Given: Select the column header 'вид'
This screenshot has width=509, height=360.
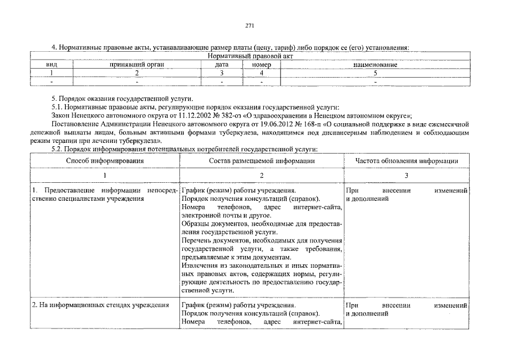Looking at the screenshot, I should point(51,65).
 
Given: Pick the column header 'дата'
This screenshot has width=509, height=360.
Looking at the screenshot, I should point(222,65).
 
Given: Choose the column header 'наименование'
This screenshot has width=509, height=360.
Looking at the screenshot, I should point(376,65).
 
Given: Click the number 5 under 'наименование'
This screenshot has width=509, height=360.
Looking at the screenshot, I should point(376,73).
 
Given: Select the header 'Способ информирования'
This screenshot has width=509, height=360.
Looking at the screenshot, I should point(105,161).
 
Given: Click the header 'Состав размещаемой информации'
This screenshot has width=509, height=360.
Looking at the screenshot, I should point(262,161).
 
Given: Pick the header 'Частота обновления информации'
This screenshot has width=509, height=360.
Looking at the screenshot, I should point(406,161).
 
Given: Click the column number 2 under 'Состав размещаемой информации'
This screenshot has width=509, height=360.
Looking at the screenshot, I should point(262,176).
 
